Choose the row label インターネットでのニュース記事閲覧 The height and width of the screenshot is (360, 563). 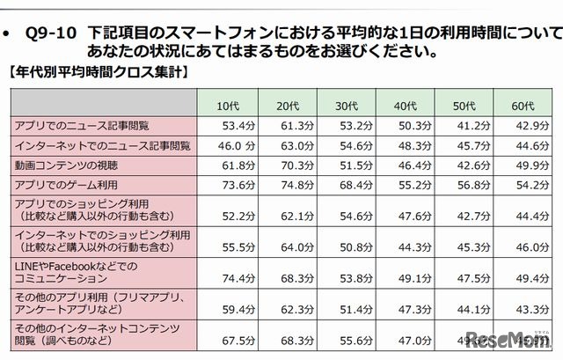click(99, 145)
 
